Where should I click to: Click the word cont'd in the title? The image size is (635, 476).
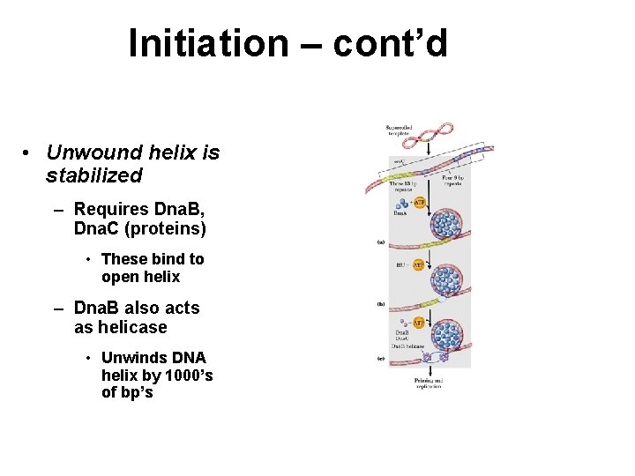point(391,43)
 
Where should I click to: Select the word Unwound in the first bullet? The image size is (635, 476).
point(88,152)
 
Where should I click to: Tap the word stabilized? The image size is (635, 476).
point(93,175)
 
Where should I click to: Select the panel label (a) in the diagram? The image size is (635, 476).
point(380,242)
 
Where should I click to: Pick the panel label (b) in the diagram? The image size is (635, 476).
point(380,305)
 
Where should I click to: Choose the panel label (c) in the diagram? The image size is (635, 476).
point(380,359)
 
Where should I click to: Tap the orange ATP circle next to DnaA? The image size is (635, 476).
point(420,203)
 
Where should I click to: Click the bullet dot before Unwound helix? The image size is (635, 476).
point(29,153)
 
